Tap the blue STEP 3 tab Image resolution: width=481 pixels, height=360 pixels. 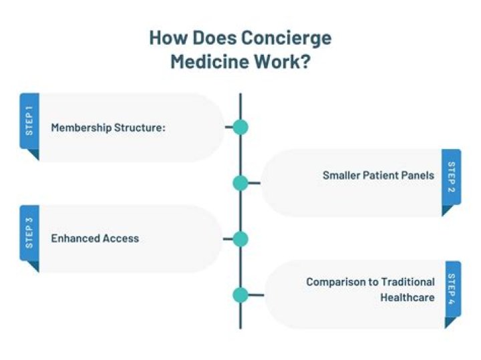pyautogui.click(x=29, y=234)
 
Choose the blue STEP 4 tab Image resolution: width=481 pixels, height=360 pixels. pyautogui.click(x=451, y=290)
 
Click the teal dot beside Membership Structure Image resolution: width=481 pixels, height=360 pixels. pyautogui.click(x=240, y=127)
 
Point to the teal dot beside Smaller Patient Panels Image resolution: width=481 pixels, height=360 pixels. pyautogui.click(x=240, y=183)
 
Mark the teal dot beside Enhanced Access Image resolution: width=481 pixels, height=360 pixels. pyautogui.click(x=240, y=239)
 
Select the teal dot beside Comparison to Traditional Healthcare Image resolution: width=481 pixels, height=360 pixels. pyautogui.click(x=240, y=295)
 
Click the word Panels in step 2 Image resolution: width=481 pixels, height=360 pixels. pyautogui.click(x=418, y=176)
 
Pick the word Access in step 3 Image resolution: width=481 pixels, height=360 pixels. pyautogui.click(x=123, y=238)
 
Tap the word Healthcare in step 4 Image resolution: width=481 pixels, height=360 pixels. pyautogui.click(x=408, y=298)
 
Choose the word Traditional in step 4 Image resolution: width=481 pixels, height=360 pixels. pyautogui.click(x=408, y=282)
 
